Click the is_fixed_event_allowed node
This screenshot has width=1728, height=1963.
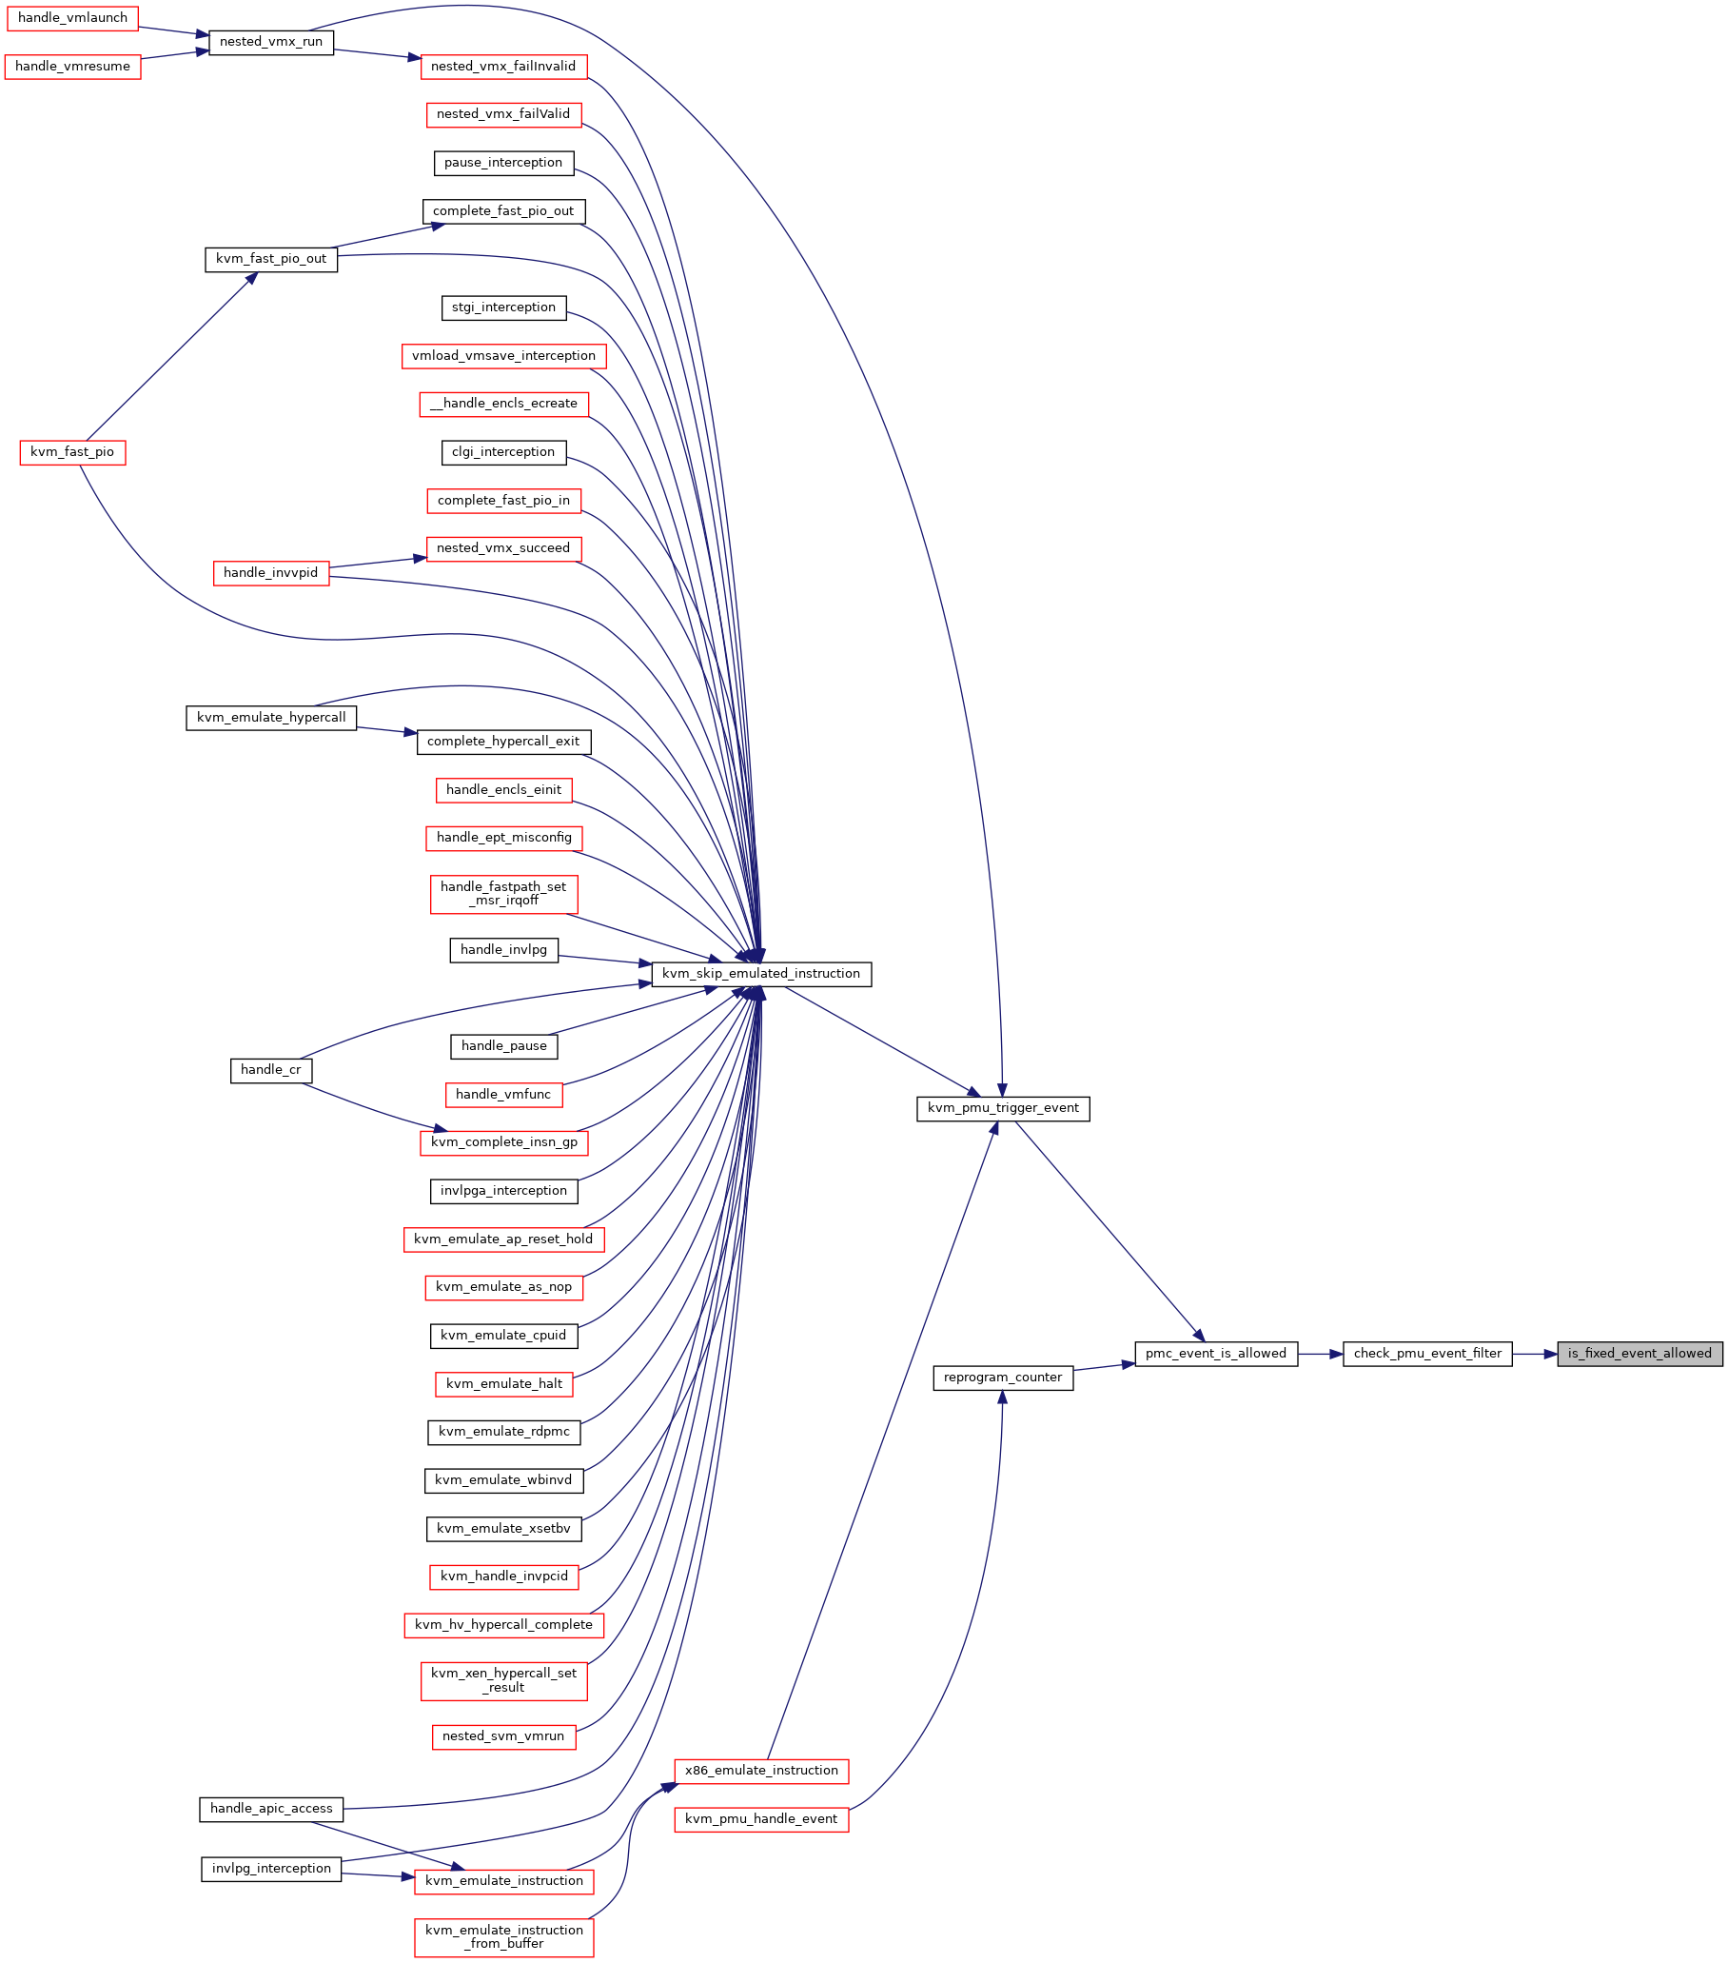(x=1640, y=1354)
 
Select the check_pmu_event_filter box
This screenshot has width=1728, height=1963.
(x=1427, y=1354)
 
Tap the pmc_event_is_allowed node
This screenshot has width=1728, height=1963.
(x=1216, y=1354)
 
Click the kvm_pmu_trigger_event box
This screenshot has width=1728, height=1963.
(x=1003, y=1108)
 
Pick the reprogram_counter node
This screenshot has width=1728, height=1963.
(x=1003, y=1378)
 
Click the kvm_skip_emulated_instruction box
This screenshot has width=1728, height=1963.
(x=761, y=974)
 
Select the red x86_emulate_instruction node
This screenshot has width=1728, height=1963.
(x=761, y=1771)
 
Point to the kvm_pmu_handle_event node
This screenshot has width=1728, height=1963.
(x=761, y=1819)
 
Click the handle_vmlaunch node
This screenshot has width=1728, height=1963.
(x=73, y=18)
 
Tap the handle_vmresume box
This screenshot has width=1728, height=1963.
(x=73, y=67)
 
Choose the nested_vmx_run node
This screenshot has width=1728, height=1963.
(x=272, y=42)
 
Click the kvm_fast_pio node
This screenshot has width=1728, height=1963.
(x=73, y=452)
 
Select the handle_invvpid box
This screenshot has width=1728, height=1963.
(x=272, y=573)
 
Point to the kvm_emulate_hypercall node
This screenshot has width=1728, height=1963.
(x=272, y=718)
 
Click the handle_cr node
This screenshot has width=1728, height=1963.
(x=272, y=1070)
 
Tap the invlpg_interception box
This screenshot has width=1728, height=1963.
(x=272, y=1869)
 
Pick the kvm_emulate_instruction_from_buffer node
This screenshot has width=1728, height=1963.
(x=504, y=1936)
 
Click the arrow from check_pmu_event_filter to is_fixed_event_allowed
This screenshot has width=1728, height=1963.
(x=1535, y=1354)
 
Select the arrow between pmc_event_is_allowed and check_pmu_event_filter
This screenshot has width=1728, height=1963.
(x=1320, y=1354)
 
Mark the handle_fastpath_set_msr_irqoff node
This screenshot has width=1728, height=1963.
(x=504, y=894)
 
